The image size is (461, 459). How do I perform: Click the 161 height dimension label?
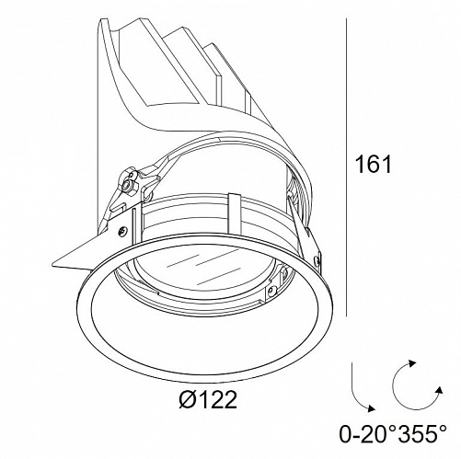click(373, 164)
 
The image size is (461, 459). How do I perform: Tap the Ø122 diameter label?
click(208, 399)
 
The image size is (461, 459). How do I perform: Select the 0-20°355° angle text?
click(393, 433)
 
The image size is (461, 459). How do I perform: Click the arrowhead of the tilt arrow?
click(371, 407)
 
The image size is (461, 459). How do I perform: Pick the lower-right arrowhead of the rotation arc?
click(439, 389)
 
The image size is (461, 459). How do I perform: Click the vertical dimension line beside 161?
click(346, 167)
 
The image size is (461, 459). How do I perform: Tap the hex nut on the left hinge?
click(125, 186)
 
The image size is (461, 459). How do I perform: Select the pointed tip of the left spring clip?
click(53, 263)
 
